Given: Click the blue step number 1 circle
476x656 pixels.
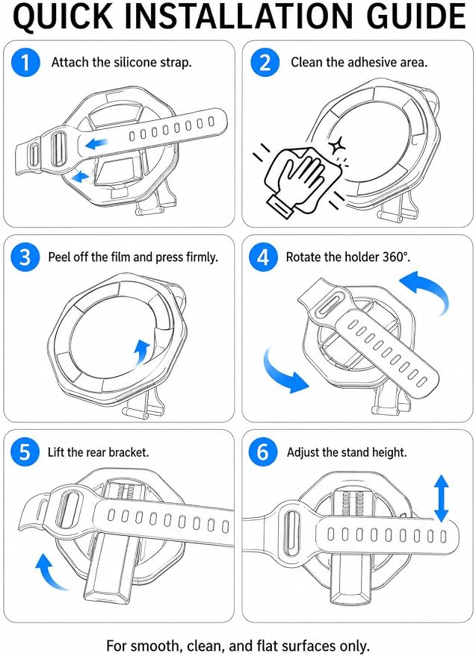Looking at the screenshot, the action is pos(25,63).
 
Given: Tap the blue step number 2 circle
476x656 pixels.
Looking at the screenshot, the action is pos(265,63).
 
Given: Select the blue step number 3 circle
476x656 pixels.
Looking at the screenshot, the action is pos(25,257).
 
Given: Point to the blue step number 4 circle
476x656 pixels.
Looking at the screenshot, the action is pos(263,257).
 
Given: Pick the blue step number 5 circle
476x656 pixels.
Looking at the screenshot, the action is pos(25,452).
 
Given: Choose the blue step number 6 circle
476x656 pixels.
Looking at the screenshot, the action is pos(263,452).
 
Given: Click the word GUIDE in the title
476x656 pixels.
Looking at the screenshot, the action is pos(415,16).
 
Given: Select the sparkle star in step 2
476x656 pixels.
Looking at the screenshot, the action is pos(336,146).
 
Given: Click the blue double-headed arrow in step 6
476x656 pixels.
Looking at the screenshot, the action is pos(441,499).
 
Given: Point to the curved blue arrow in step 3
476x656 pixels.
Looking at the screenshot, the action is pos(142,352).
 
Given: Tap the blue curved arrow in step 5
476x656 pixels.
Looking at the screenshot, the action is pos(49,571).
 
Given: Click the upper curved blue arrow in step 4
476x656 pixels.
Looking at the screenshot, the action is pos(427,290).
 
